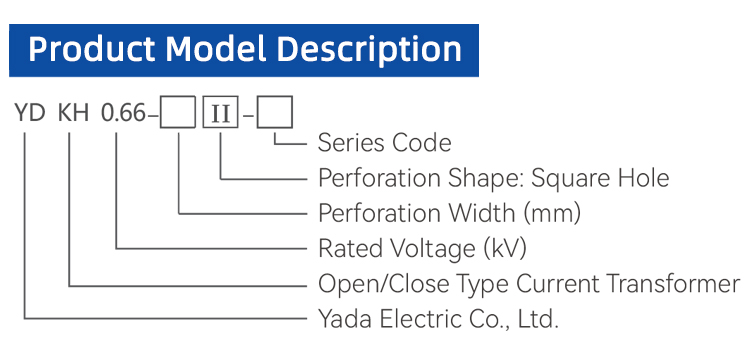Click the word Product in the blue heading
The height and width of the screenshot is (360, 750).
[x=91, y=50]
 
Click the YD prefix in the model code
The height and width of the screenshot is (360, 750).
[x=30, y=114]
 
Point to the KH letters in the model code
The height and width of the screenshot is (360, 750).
[x=73, y=114]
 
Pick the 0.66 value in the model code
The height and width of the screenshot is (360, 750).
[x=122, y=114]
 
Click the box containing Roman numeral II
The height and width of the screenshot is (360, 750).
[x=221, y=113]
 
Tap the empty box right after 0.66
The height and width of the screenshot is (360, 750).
[x=178, y=113]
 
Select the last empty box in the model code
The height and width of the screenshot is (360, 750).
[x=275, y=113]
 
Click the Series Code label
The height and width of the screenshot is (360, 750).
[x=385, y=143]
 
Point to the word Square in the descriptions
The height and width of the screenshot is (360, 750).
[x=562, y=179]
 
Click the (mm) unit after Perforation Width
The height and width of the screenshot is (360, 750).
[x=552, y=214]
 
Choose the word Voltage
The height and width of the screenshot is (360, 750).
[x=433, y=250]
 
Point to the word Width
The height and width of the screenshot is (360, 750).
[x=482, y=213]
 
